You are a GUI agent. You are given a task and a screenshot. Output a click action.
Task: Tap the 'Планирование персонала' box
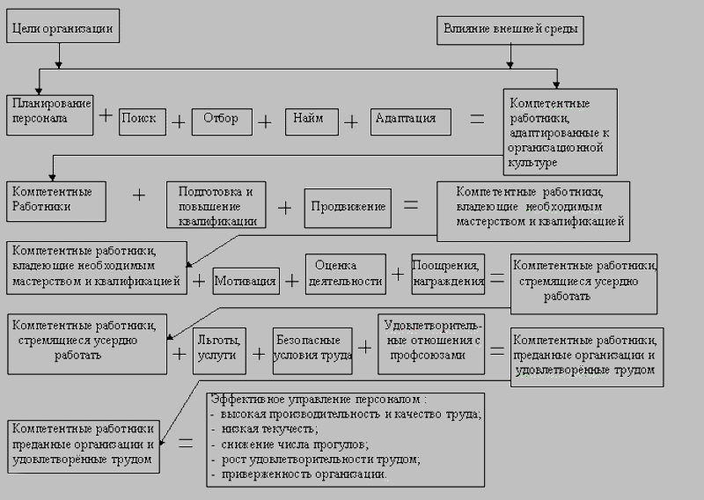pos(50,114)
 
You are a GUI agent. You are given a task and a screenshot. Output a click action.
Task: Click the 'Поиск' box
pos(142,118)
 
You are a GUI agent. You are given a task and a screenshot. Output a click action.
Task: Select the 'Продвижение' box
pos(347,207)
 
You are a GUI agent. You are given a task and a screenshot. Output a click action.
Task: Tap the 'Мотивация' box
pos(246,283)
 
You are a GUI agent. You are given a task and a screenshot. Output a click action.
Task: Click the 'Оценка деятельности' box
pos(346,274)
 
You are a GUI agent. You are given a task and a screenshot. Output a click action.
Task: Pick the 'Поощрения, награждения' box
pos(449,274)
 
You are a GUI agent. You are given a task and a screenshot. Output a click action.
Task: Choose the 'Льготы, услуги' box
pos(220,348)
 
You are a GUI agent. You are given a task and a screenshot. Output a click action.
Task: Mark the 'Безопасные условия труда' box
pos(314,348)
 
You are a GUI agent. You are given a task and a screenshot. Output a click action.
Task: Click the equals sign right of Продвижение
pos(411,205)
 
